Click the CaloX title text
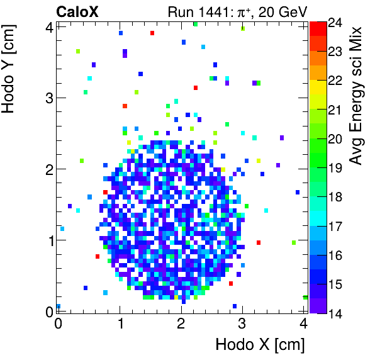click(x=77, y=11)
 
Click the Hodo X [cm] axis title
click(x=260, y=345)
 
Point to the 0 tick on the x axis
click(x=58, y=324)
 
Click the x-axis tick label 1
click(x=120, y=324)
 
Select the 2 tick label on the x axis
click(x=181, y=324)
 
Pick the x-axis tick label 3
click(x=243, y=324)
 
